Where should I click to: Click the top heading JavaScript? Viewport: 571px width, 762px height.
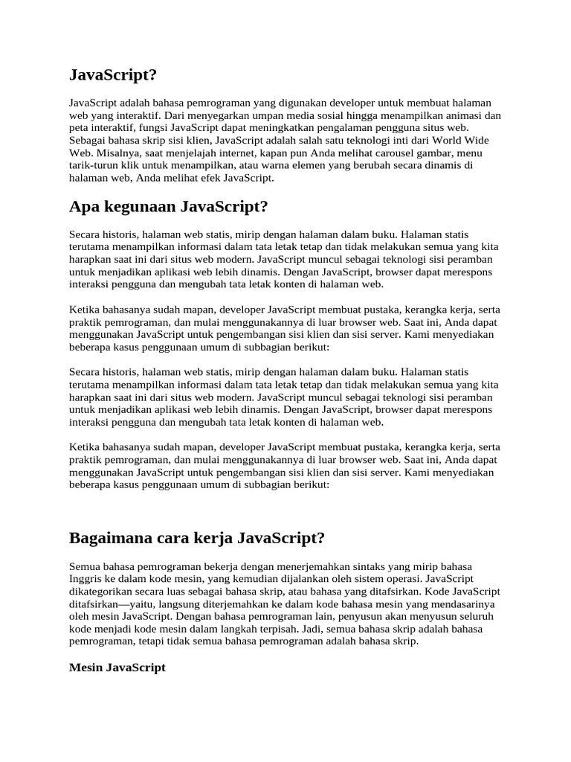point(113,75)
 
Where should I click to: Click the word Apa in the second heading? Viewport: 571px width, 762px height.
point(84,206)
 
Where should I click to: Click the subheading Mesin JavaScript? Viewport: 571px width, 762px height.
point(117,667)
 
